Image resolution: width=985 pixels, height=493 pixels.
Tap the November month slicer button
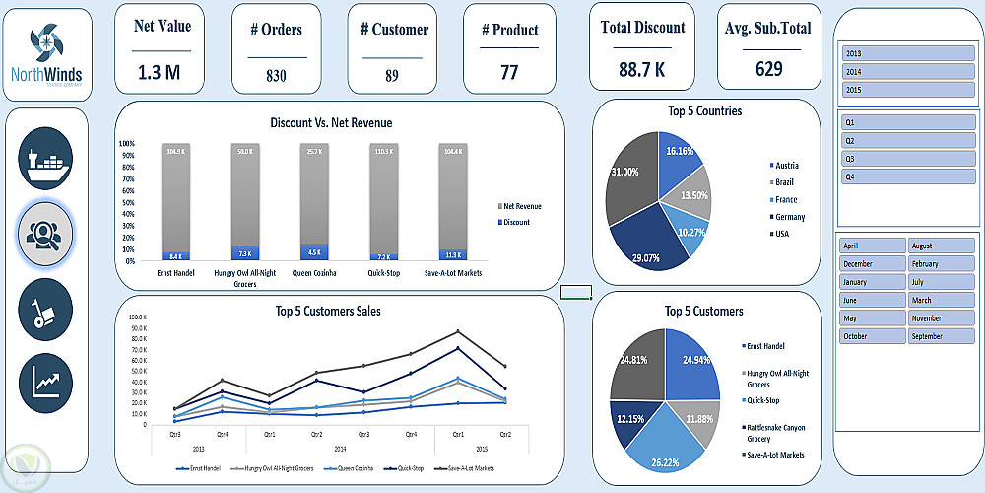(939, 318)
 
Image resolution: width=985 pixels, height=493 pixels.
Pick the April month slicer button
(872, 246)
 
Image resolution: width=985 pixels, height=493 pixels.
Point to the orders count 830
(276, 75)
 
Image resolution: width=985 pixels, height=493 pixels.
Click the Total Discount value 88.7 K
(642, 69)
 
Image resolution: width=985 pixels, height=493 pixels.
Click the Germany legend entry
(789, 217)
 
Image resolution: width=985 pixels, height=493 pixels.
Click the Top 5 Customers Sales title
(328, 311)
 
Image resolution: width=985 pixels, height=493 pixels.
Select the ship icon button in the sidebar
(45, 159)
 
